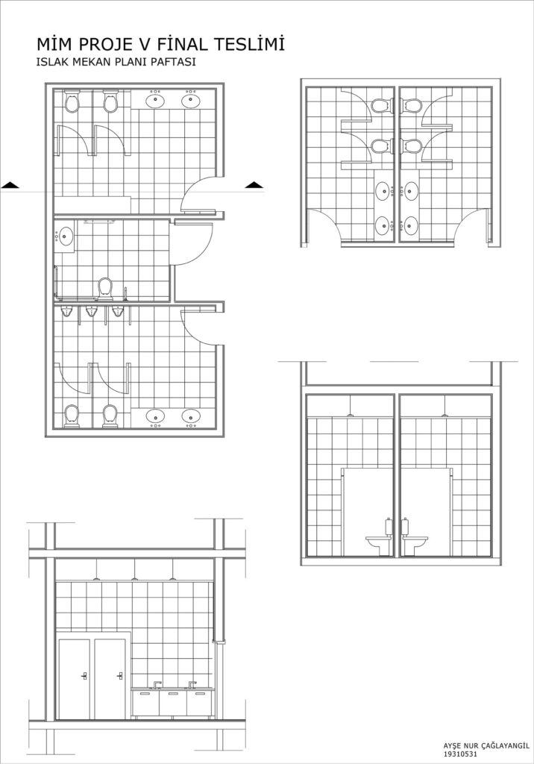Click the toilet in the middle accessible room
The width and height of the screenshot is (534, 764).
click(x=105, y=288)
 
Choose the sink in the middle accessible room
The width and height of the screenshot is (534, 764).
click(x=64, y=237)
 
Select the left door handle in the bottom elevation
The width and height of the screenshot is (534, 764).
click(x=84, y=675)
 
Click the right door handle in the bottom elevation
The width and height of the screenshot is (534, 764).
click(x=119, y=675)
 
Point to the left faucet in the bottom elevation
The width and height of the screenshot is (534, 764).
click(x=157, y=684)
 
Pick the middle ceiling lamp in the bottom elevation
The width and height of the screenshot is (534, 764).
click(x=133, y=579)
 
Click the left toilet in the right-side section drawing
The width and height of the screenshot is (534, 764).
click(x=379, y=544)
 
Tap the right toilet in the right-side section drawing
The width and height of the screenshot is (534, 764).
click(x=415, y=544)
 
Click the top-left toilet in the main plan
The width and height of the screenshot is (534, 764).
click(x=72, y=101)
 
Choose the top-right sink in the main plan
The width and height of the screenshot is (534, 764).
click(x=191, y=99)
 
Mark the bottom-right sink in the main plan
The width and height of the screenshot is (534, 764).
click(x=191, y=417)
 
